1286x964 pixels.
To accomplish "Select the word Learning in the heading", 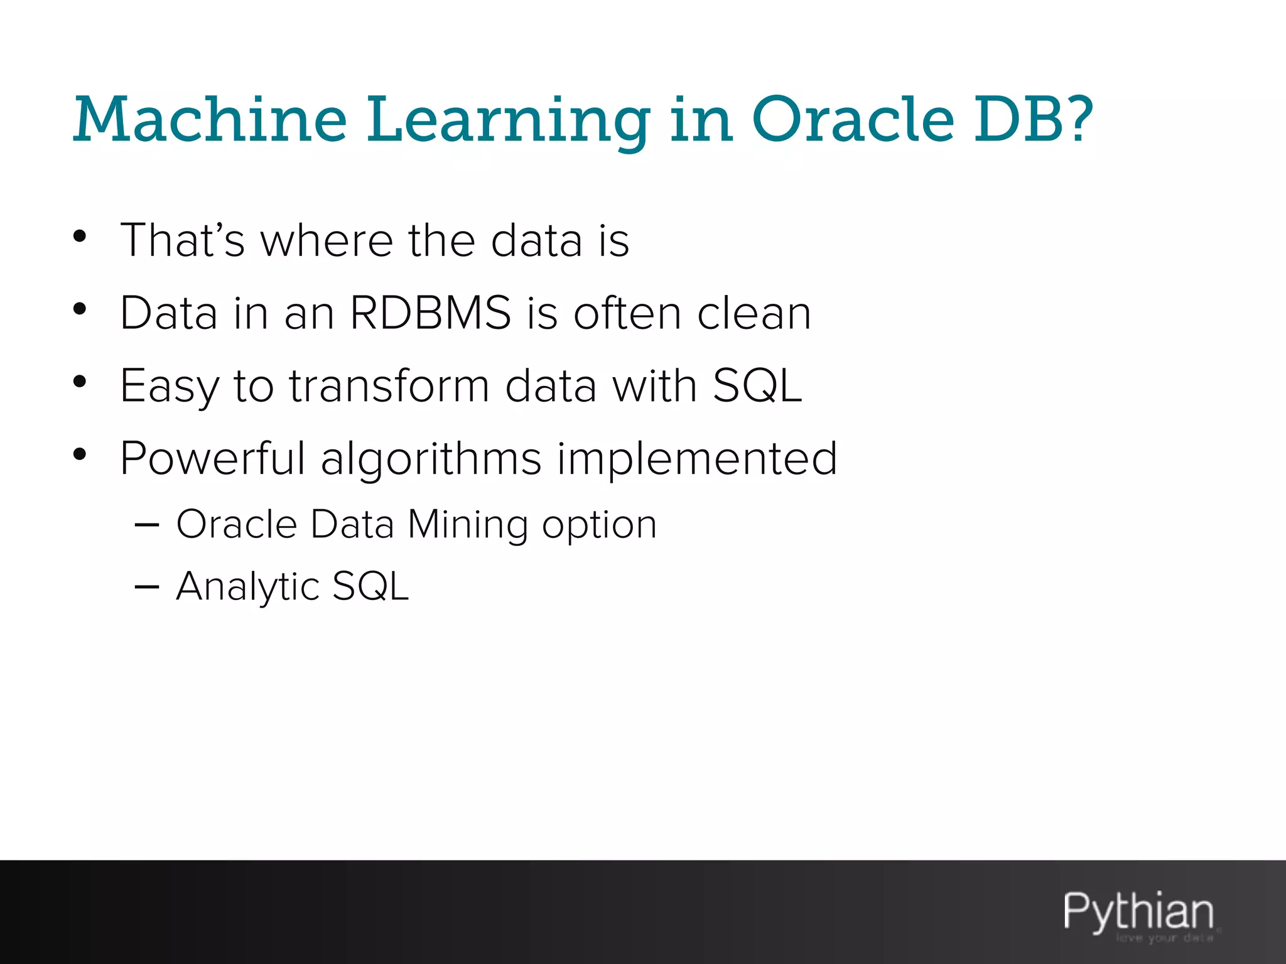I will click(x=509, y=120).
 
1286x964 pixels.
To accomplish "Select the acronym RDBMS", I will click(x=431, y=313).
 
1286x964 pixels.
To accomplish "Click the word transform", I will click(x=389, y=385).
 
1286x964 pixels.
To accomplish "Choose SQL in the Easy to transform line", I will click(x=757, y=385).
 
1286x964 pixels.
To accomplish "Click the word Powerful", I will click(x=212, y=458).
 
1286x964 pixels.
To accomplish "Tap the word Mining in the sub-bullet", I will click(x=467, y=525).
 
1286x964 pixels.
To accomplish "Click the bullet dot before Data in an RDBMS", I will click(x=79, y=309).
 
